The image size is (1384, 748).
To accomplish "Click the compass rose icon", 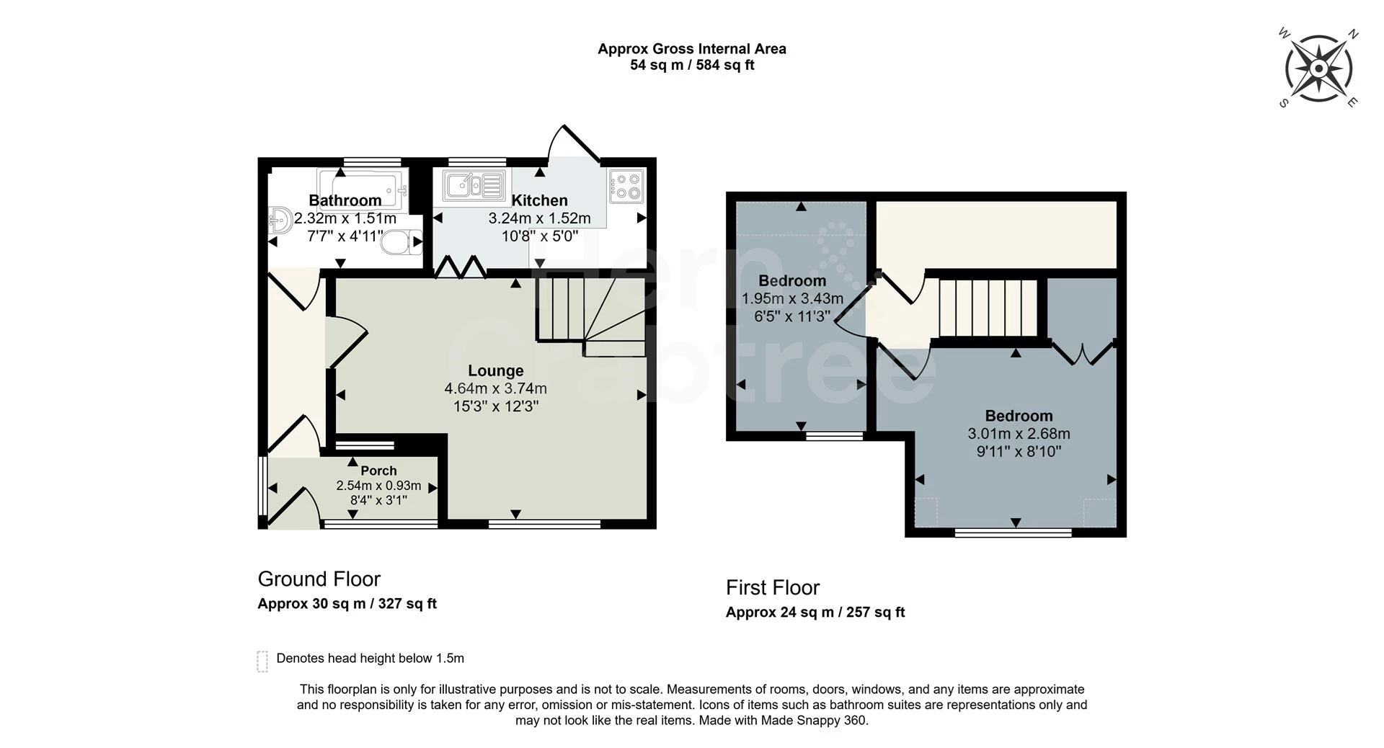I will (1318, 69).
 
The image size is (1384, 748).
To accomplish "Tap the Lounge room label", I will (495, 370).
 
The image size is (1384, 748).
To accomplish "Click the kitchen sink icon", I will (474, 185).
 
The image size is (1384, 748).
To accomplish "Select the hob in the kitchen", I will (626, 184).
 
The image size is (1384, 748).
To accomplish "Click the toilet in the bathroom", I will (401, 242).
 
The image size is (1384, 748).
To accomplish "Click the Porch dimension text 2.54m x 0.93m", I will (378, 486).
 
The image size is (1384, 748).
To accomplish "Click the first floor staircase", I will (987, 308).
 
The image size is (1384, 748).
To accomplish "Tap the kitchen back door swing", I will (573, 144).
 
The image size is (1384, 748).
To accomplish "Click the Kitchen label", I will (539, 200).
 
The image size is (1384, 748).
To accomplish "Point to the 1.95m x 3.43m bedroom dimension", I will (792, 298).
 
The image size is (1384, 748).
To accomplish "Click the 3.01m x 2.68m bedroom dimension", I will (1019, 434).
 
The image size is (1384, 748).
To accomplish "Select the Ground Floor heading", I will (319, 579).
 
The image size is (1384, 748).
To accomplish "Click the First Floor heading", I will (772, 587).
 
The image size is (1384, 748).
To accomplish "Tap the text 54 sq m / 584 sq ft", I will (691, 65).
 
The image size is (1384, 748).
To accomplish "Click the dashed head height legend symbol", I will (262, 660).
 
